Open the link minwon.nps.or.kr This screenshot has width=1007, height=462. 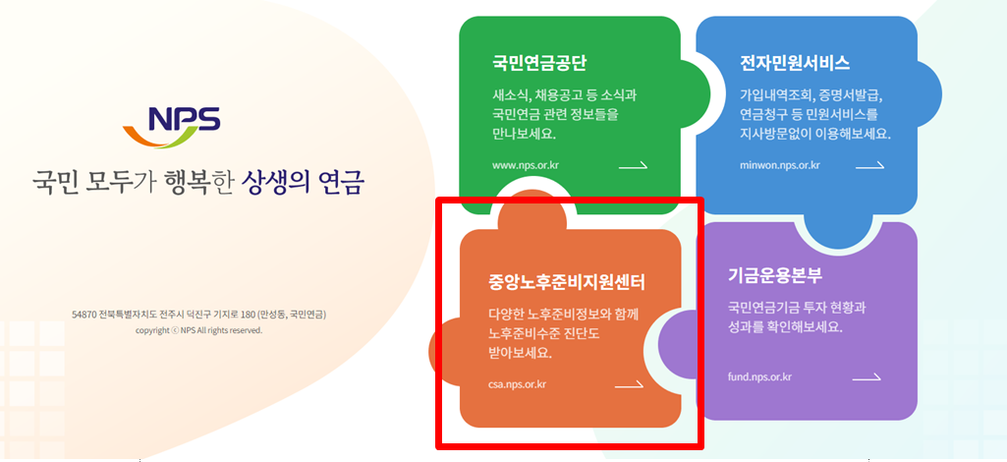pyautogui.click(x=780, y=165)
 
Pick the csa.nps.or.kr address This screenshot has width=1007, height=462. pyautogui.click(x=517, y=384)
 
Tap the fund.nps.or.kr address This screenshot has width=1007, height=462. pyautogui.click(x=759, y=376)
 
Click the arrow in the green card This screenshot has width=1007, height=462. pyautogui.click(x=633, y=165)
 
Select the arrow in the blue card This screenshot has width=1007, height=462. pyautogui.click(x=869, y=165)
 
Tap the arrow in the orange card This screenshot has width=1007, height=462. pyautogui.click(x=629, y=384)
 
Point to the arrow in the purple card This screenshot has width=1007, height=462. pyautogui.click(x=867, y=376)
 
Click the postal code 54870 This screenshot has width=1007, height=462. pyautogui.click(x=84, y=315)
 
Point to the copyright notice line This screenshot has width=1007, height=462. pyautogui.click(x=199, y=330)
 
